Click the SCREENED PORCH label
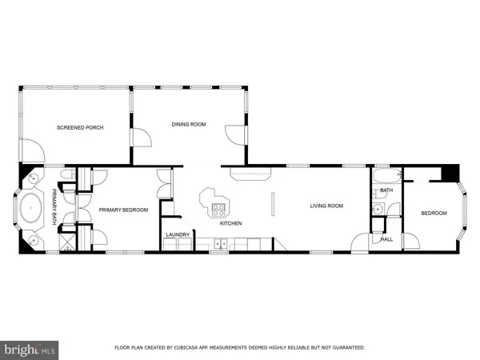click(x=80, y=128)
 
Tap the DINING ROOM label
click(x=189, y=124)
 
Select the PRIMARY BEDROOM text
click(x=123, y=210)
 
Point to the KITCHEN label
click(x=231, y=223)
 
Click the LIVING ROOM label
click(x=326, y=206)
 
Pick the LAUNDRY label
click(x=178, y=234)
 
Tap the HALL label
click(x=386, y=239)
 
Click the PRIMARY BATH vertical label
click(x=54, y=207)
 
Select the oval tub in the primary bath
click(x=31, y=208)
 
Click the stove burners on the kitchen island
click(x=218, y=210)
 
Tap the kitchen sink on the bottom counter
click(x=221, y=244)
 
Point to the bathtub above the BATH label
click(x=386, y=176)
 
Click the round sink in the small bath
click(x=378, y=209)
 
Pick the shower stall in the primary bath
click(x=66, y=242)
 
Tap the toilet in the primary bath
click(x=68, y=174)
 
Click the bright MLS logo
click(x=30, y=350)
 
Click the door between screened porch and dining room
click(x=142, y=138)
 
